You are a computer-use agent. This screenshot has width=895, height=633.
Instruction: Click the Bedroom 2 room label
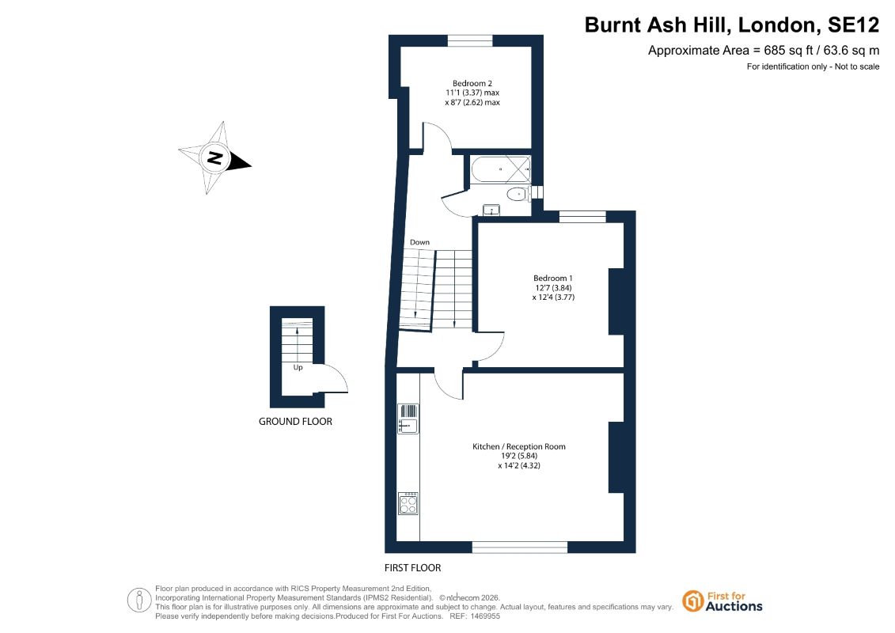pos(472,83)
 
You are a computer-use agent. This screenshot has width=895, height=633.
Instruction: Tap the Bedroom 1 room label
pos(552,279)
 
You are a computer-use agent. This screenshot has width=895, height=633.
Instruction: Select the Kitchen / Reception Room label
pos(519,446)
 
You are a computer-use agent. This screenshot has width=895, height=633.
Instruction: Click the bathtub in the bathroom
pos(501,169)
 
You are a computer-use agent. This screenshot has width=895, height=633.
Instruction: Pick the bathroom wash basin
pos(491,210)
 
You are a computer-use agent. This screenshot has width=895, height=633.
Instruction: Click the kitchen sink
pos(408,419)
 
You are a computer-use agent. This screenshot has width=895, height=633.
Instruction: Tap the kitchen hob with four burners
pos(408,503)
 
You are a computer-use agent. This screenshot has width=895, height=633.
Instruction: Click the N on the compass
pos(214,157)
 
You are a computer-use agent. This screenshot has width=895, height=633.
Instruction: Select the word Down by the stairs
pos(419,242)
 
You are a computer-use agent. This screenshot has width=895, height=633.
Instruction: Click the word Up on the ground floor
pos(298,368)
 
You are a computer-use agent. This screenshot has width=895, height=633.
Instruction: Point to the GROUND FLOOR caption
pos(295,421)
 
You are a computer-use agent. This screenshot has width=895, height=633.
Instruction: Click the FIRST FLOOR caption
pos(413,568)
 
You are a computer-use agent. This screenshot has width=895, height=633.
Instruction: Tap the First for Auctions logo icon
pos(692,601)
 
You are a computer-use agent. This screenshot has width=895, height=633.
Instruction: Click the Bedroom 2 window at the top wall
pos(470,40)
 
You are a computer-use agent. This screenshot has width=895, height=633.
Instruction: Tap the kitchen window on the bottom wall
pos(520,548)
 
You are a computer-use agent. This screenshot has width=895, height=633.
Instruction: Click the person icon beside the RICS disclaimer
pos(138,601)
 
